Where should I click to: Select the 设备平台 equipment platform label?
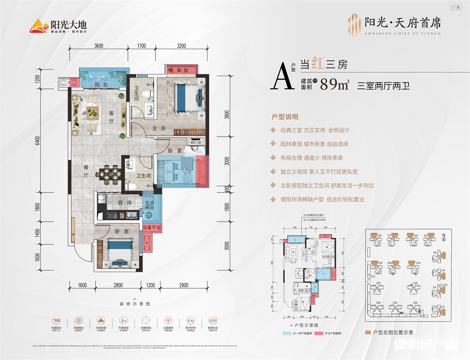(x=152, y=227)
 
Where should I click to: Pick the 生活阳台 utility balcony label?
(x=150, y=205)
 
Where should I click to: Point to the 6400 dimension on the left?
(x=38, y=141)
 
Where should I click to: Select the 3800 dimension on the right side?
(x=227, y=117)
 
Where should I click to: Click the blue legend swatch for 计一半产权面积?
(x=285, y=333)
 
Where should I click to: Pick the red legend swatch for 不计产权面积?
(x=321, y=333)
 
